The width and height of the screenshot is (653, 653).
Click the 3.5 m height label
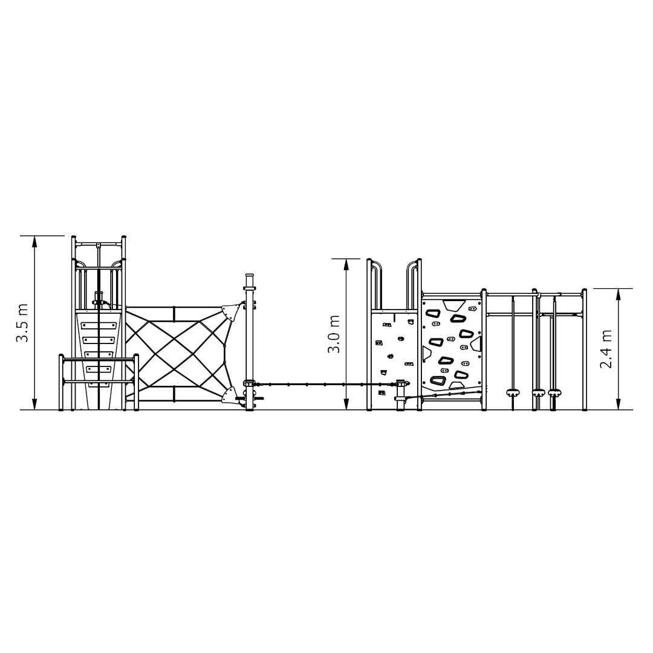(x=22, y=323)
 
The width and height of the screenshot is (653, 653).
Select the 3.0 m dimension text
(x=334, y=334)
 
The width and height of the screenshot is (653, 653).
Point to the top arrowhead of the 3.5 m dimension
(x=34, y=241)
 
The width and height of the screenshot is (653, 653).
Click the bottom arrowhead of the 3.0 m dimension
(x=346, y=404)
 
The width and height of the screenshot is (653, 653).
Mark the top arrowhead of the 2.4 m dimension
(x=618, y=294)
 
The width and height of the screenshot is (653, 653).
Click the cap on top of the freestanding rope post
(x=250, y=276)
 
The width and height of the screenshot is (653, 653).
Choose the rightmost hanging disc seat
(x=554, y=391)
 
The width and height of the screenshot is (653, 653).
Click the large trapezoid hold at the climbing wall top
(x=454, y=305)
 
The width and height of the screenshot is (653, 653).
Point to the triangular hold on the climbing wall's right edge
(x=477, y=343)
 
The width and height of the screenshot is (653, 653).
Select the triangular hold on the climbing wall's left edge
(x=427, y=352)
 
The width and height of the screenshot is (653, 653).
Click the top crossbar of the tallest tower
(x=99, y=244)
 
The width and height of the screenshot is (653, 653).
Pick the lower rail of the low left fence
(x=99, y=382)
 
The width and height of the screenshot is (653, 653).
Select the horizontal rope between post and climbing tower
(x=325, y=383)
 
